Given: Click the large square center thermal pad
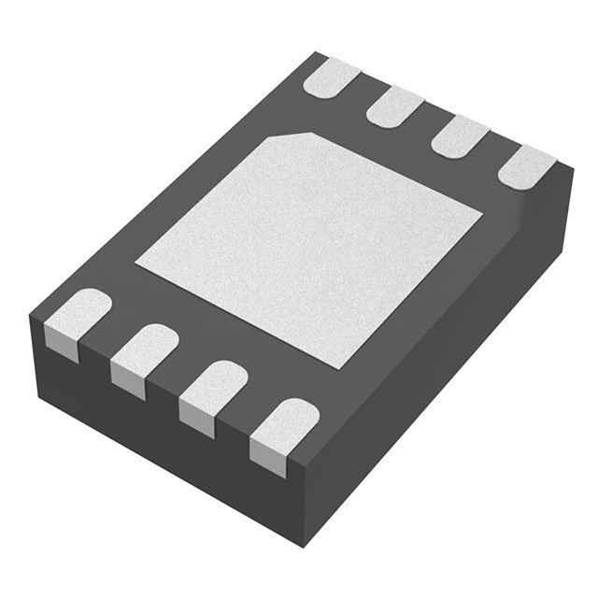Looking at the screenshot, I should coord(313,248).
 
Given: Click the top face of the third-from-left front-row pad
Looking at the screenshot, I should coord(214,380).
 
